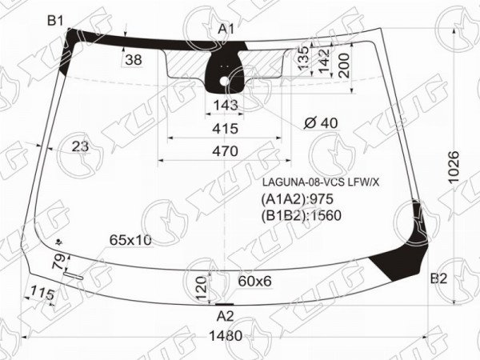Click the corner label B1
tap(55, 21)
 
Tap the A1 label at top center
tap(226, 29)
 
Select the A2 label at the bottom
tap(225, 317)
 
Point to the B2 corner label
tap(438, 278)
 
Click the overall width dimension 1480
tap(226, 336)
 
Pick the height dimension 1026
tap(454, 166)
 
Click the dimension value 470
tap(225, 151)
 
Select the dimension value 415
tap(225, 129)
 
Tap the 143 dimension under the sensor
tap(226, 106)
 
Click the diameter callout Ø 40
tap(321, 123)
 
